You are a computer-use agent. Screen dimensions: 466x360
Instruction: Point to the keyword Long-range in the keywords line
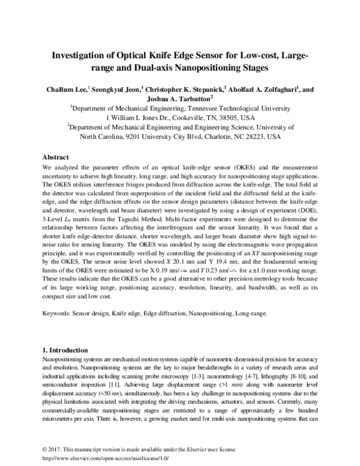pos(255,313)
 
